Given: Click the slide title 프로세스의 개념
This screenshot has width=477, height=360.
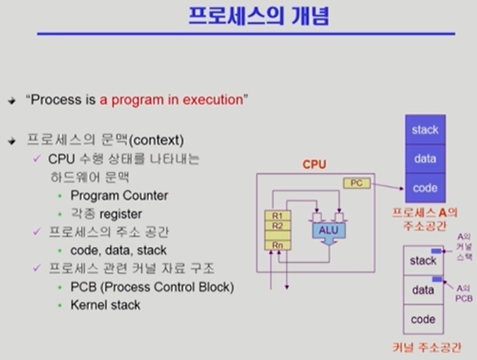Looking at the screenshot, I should [258, 16].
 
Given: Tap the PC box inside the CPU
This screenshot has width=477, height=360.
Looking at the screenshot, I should [356, 182].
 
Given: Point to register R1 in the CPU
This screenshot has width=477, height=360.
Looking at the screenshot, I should [277, 216].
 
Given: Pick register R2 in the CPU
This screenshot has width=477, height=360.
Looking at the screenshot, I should [277, 226].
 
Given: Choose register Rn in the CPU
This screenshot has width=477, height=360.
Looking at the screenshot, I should [277, 245].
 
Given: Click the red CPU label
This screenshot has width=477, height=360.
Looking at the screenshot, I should [314, 165].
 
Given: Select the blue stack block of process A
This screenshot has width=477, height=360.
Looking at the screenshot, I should [425, 129].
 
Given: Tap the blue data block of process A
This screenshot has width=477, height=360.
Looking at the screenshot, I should [425, 159].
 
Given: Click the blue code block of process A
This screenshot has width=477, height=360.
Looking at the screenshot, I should [425, 188].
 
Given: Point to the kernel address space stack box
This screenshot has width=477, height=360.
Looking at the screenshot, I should [423, 261].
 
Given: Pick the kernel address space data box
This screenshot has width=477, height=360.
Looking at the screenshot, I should [423, 290].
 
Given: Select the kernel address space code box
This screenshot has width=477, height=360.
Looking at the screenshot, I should [423, 319].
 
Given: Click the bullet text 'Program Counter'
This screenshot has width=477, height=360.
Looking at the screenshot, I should [119, 196].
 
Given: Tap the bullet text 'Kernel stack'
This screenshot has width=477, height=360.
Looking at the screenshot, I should [105, 304].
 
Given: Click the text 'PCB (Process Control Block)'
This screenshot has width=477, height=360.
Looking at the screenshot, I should [152, 287].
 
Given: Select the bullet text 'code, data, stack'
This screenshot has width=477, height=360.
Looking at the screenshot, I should [118, 250].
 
